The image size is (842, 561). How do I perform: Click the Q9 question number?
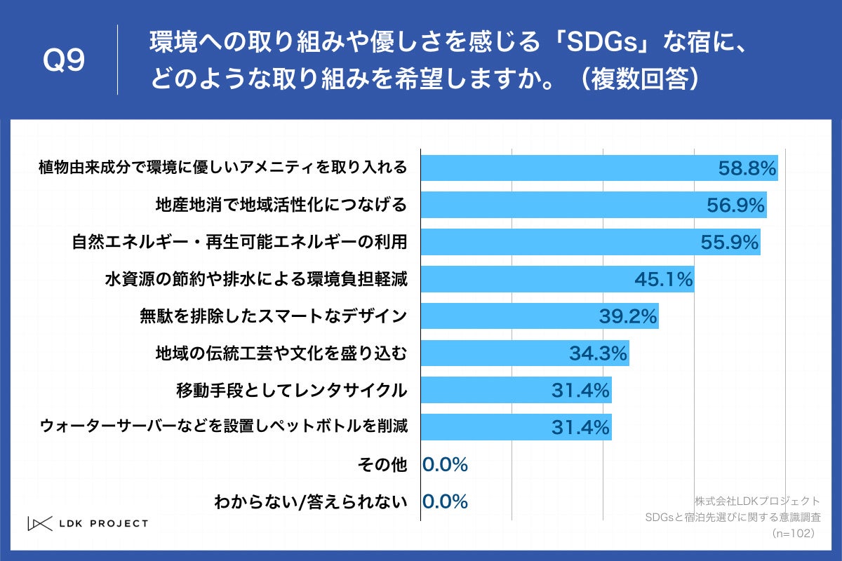click(64, 61)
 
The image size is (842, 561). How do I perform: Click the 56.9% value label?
click(735, 205)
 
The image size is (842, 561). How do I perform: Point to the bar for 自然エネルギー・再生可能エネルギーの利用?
click(561, 242)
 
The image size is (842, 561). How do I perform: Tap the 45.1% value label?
click(663, 279)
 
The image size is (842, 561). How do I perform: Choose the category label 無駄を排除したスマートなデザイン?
click(274, 316)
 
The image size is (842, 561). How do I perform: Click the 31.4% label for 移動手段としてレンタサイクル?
click(580, 391)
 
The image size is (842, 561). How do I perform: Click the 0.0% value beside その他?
click(445, 464)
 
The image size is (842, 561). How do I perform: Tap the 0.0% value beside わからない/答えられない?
click(445, 501)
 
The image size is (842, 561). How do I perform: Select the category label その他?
click(382, 464)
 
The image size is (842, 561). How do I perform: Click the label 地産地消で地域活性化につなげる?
click(281, 205)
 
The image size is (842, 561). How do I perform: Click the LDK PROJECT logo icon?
click(40, 523)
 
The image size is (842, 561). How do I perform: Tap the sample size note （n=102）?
click(792, 534)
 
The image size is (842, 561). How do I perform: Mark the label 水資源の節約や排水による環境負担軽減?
click(256, 279)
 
